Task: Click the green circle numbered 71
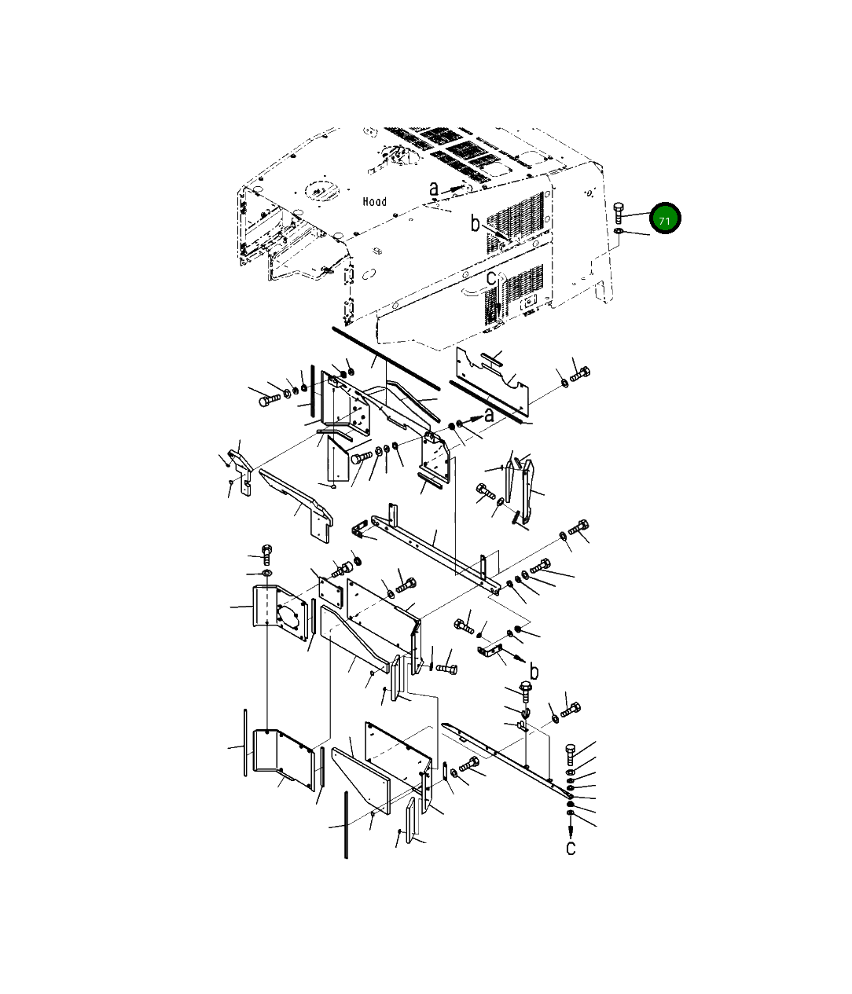tap(664, 218)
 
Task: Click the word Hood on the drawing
tap(374, 201)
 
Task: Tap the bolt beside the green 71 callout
tap(619, 212)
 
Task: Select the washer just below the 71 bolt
tap(619, 233)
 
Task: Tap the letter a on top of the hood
tap(433, 189)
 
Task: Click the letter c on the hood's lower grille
tap(490, 278)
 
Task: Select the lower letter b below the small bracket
tap(534, 671)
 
